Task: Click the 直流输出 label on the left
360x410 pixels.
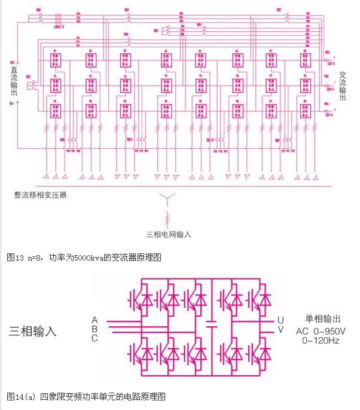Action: [14, 81]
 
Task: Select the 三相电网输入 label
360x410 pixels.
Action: [169, 235]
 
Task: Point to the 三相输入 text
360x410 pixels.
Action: [32, 329]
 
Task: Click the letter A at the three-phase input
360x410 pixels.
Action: [94, 320]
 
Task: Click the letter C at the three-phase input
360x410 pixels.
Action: [94, 338]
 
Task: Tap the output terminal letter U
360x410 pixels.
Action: [279, 320]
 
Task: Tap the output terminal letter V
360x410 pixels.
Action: [279, 330]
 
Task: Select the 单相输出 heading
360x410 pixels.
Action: [322, 319]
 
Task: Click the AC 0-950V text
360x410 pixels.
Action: [322, 331]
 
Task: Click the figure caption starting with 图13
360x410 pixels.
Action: [84, 258]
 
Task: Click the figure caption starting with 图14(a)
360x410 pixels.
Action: [86, 396]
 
